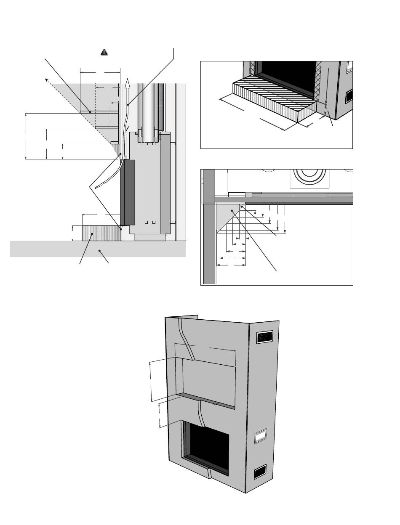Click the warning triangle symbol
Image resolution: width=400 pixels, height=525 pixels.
pos(104,52)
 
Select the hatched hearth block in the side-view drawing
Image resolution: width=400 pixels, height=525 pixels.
pos(101,233)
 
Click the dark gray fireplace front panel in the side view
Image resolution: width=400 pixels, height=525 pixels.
pos(128,192)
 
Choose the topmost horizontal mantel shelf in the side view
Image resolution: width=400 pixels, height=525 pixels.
pos(99,112)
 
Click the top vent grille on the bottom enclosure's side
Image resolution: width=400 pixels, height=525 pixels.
pos(264,337)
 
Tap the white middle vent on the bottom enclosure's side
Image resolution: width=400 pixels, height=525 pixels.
pos(261,436)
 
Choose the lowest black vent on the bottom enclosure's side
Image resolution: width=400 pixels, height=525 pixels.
pos(260,472)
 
